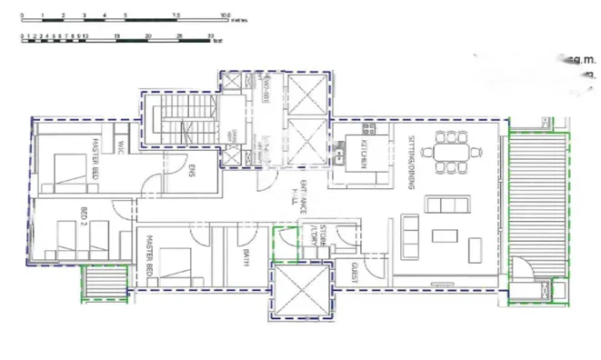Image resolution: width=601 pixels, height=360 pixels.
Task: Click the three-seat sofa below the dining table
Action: tap(446, 202)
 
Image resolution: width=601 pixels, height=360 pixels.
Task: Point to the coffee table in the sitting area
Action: tap(445, 236)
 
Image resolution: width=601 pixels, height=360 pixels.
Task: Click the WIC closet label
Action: tap(120, 145)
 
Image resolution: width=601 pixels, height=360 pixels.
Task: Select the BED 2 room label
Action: tap(83, 218)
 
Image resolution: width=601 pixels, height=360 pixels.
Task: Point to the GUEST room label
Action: tap(355, 269)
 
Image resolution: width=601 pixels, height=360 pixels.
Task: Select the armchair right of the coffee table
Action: tap(475, 245)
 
